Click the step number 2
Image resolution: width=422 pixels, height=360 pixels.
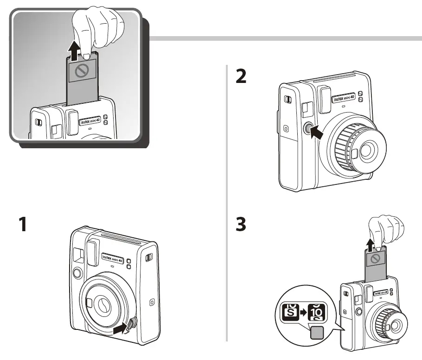241,76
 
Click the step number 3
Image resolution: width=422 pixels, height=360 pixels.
241,225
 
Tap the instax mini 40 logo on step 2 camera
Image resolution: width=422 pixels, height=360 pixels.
343,99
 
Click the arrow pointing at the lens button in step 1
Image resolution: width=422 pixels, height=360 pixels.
120,328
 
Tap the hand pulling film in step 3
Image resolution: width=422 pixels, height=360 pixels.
384,230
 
